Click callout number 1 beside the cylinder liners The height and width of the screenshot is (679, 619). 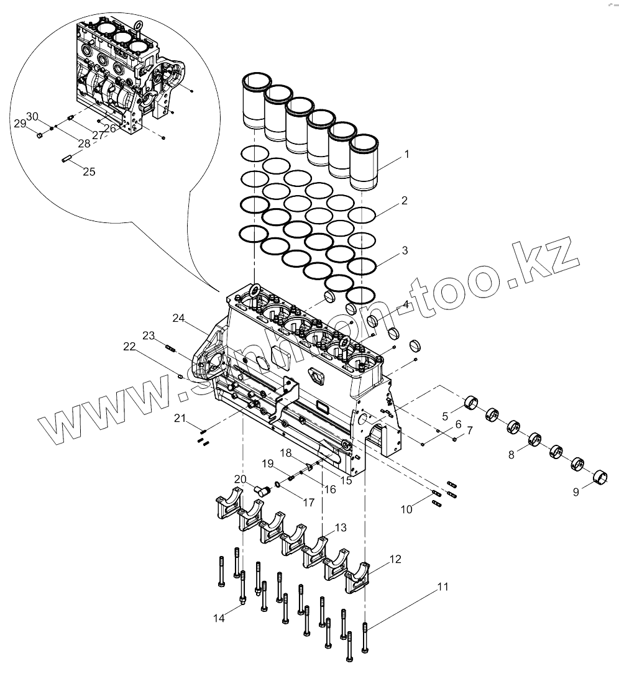point(407,153)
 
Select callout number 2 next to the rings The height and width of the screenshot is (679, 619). point(404,201)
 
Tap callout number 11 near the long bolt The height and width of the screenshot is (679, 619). point(442,586)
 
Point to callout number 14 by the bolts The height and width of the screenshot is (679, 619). point(219,618)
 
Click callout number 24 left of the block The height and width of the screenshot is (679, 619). point(179,319)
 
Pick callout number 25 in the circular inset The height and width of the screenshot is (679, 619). point(89,171)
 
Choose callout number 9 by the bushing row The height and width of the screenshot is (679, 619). point(576,491)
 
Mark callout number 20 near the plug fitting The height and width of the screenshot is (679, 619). point(241,478)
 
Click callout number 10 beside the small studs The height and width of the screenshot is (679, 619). point(406,509)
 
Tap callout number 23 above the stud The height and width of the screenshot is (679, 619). point(148,335)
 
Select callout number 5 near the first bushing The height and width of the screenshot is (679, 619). point(445,416)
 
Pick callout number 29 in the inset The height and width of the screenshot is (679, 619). point(20,124)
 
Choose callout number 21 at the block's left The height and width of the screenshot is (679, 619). point(180,419)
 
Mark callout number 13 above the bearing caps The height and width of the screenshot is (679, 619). point(341,527)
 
